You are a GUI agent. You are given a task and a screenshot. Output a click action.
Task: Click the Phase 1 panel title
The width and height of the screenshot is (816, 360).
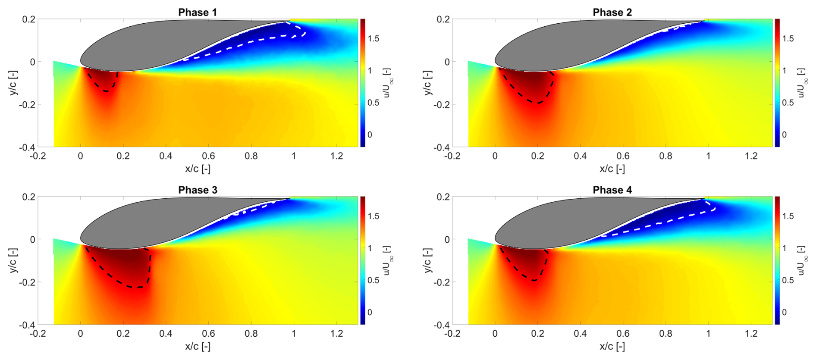(x=198, y=13)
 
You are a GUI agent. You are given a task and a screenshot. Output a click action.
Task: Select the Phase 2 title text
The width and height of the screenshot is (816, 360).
(x=612, y=13)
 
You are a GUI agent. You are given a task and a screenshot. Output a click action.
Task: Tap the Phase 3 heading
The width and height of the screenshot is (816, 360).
(x=198, y=190)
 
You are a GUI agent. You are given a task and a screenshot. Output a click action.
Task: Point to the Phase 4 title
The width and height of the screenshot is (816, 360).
(x=612, y=190)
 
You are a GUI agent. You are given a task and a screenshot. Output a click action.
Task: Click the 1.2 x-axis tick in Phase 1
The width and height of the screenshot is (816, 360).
(x=336, y=156)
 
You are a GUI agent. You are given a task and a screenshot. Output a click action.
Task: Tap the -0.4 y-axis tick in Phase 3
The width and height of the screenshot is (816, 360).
(x=27, y=325)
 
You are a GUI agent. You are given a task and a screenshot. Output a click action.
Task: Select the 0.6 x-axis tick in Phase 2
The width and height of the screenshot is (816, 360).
(x=623, y=156)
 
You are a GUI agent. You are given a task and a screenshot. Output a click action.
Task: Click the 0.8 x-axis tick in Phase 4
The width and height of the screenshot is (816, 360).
(x=665, y=334)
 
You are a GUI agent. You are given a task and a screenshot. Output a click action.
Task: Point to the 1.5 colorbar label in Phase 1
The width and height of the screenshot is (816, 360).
(x=373, y=39)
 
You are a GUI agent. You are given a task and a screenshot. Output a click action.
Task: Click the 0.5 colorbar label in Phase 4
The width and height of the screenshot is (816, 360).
(x=788, y=280)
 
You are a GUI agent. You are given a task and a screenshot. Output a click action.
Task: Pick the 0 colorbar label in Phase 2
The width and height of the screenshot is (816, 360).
(x=784, y=135)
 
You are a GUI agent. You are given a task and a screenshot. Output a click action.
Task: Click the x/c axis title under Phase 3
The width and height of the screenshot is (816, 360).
(x=198, y=346)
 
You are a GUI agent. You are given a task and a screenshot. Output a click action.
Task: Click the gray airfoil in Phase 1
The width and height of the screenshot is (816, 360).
(x=164, y=43)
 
